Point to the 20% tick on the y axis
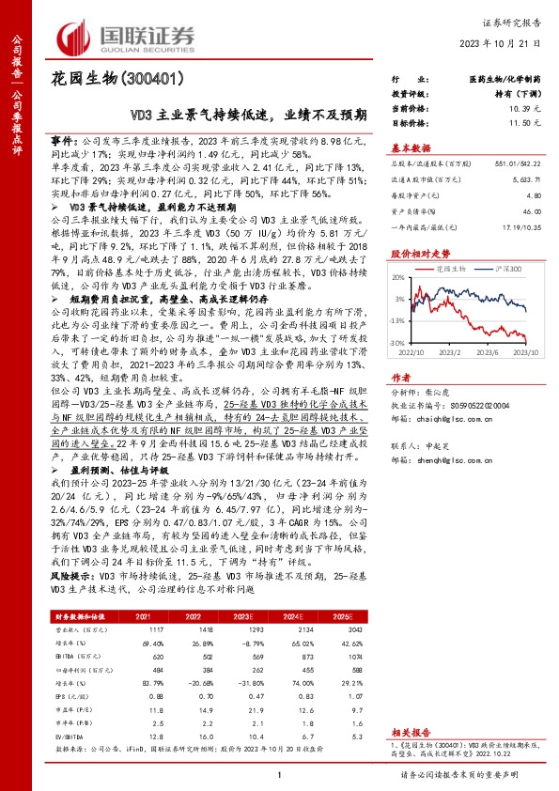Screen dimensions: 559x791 coord(399,278)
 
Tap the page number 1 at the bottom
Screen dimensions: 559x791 coord(279,772)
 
